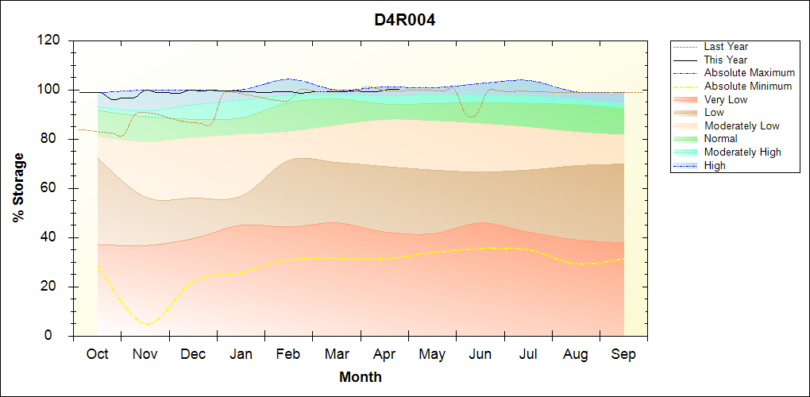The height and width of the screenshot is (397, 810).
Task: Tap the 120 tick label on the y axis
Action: pyautogui.click(x=48, y=40)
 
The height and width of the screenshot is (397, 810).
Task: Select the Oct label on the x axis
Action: pyautogui.click(x=97, y=355)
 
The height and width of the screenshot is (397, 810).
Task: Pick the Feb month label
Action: pyautogui.click(x=288, y=355)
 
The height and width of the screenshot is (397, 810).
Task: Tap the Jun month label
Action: pyautogui.click(x=480, y=355)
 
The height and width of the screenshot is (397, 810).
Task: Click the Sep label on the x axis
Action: pyautogui.click(x=623, y=355)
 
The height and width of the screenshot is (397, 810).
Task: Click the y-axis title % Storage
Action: pyautogui.click(x=19, y=188)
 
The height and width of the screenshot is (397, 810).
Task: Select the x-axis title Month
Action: pyautogui.click(x=361, y=377)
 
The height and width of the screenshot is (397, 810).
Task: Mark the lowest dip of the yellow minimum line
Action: pyautogui.click(x=148, y=324)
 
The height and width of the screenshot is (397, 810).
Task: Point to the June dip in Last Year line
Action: pyautogui.click(x=470, y=117)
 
